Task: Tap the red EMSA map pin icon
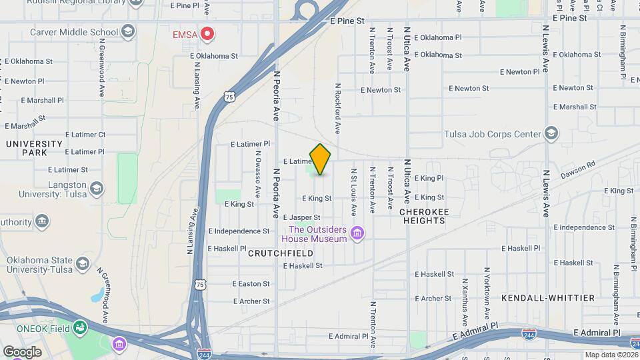207,33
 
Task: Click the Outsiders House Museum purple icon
358,233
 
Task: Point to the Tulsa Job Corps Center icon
551,134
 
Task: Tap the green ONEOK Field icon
80,327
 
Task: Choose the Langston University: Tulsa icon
96,189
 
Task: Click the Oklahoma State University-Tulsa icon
83,264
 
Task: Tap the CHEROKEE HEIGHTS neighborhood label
424,215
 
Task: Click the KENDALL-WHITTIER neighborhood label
547,298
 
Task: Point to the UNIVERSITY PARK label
27,148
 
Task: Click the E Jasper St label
301,217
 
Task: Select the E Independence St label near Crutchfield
239,231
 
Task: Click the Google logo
22,351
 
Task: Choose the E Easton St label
251,283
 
